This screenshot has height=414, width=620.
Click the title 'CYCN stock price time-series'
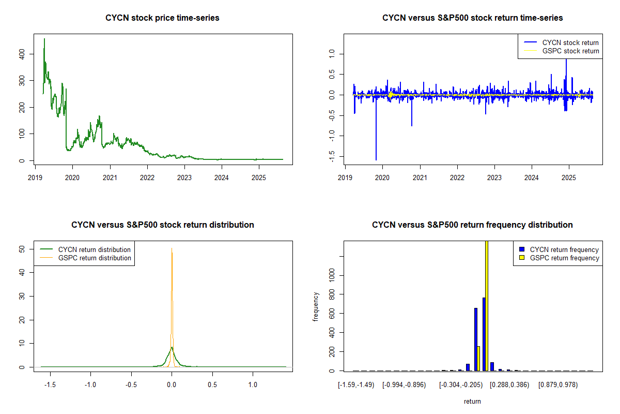click(162, 18)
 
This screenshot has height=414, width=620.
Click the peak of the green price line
click(44, 39)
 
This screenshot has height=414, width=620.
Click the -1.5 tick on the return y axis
click(332, 156)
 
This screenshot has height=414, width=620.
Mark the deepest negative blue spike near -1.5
click(376, 159)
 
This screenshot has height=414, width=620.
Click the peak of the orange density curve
click(172, 248)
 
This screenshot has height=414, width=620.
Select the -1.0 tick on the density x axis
click(90, 385)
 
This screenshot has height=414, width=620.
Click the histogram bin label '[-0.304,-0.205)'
click(461, 385)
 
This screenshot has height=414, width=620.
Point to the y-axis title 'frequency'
click(316, 306)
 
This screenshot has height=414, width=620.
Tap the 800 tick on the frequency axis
click(332, 294)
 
